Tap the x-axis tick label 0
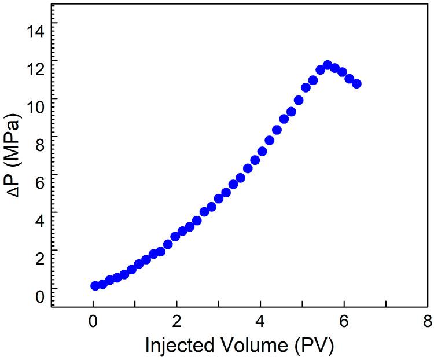pyautogui.click(x=93, y=321)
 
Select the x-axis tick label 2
pyautogui.click(x=177, y=321)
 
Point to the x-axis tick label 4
pyautogui.click(x=261, y=321)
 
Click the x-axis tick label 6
pyautogui.click(x=345, y=321)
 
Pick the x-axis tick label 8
pyautogui.click(x=428, y=321)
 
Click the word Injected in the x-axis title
pyautogui.click(x=178, y=345)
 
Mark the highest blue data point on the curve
pyautogui.click(x=328, y=65)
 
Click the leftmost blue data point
pyautogui.click(x=95, y=285)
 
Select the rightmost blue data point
pyautogui.click(x=356, y=83)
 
